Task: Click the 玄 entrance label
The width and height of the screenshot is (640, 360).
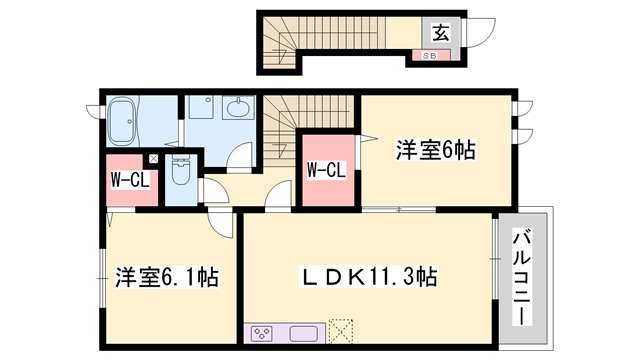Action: [441, 33]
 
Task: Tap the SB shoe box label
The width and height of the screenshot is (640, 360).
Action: [429, 56]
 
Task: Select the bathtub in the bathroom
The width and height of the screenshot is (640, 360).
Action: [123, 121]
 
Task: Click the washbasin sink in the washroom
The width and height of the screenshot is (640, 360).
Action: [238, 108]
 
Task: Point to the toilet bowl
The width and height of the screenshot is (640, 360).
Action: [181, 171]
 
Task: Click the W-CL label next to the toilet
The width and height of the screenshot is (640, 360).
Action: [130, 180]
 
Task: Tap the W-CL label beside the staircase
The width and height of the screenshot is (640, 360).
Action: [327, 170]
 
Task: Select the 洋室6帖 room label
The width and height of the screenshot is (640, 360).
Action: [436, 150]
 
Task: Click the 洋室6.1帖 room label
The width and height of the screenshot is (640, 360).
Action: [167, 277]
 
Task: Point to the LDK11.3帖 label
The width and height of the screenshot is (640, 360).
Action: [368, 277]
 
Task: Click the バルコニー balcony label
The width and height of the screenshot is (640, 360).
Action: [522, 278]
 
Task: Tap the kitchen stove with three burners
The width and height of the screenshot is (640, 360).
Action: [262, 334]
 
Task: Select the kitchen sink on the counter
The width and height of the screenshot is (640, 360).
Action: [304, 334]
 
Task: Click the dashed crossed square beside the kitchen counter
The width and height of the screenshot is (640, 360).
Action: [340, 331]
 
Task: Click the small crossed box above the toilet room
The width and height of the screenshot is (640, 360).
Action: [153, 159]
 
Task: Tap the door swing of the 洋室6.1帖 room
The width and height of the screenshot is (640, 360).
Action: [221, 224]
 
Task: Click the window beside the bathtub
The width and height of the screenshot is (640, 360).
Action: [95, 112]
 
